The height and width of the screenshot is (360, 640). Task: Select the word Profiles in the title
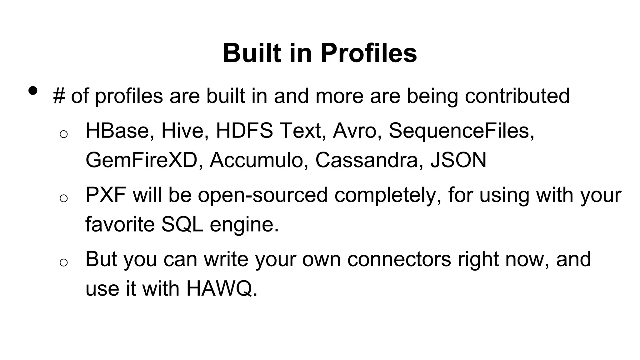[368, 53]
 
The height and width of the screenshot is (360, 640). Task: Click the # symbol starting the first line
[59, 96]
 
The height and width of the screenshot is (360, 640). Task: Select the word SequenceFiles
[461, 131]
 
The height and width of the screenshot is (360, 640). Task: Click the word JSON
[458, 160]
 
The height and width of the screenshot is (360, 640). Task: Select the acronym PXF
[106, 195]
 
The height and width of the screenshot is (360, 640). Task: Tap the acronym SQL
[182, 224]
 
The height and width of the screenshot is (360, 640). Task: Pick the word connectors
[399, 259]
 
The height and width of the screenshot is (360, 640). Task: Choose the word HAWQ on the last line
[222, 288]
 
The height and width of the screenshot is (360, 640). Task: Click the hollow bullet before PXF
[63, 198]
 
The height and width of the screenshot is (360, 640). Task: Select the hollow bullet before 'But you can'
[63, 262]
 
